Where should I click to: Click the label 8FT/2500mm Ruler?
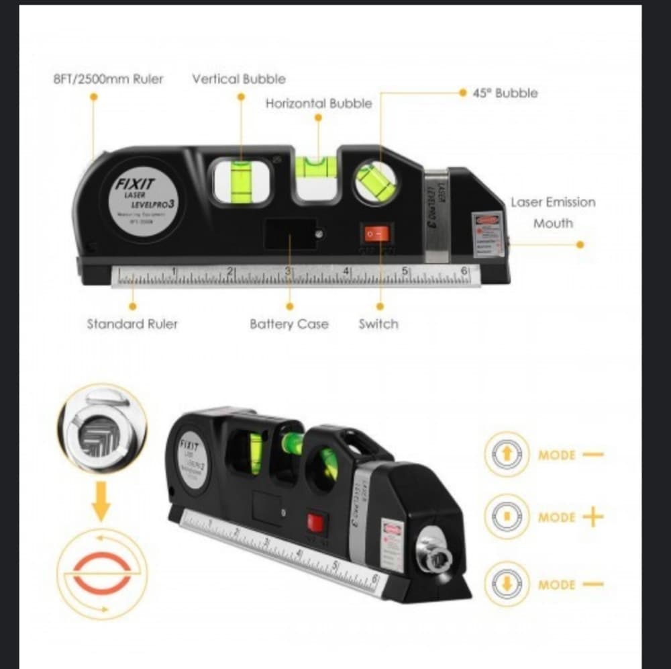tap(108, 79)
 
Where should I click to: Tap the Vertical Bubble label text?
tap(239, 79)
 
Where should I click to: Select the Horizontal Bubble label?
tap(319, 103)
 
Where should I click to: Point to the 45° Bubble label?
tap(505, 93)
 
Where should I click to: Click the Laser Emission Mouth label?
tap(553, 212)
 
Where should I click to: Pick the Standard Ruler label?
tap(132, 324)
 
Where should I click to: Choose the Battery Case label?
tap(289, 324)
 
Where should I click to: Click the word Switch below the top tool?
tap(378, 324)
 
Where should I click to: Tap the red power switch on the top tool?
tap(376, 234)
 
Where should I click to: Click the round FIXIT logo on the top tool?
tap(144, 199)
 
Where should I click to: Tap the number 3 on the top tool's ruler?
tap(288, 271)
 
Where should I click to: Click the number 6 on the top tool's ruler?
tap(464, 271)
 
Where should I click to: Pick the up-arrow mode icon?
tap(507, 455)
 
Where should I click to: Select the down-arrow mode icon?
tap(507, 584)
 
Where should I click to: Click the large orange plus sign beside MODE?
tap(593, 517)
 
